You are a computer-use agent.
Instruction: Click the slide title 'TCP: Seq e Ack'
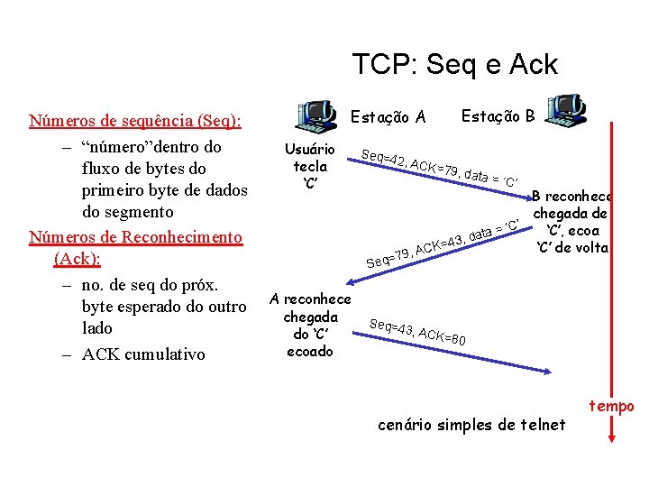pyautogui.click(x=454, y=64)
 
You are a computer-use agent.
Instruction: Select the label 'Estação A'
pyautogui.click(x=388, y=116)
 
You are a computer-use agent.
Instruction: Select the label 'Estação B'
pyautogui.click(x=498, y=115)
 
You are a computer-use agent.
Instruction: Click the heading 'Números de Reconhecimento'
pyautogui.click(x=136, y=237)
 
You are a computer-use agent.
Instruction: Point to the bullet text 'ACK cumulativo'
pyautogui.click(x=143, y=354)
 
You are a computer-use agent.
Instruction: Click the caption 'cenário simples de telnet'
pyautogui.click(x=471, y=424)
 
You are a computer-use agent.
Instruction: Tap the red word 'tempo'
pyautogui.click(x=612, y=407)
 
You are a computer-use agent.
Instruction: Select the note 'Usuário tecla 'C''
pyautogui.click(x=310, y=166)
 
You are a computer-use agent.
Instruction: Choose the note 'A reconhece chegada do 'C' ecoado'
pyautogui.click(x=311, y=325)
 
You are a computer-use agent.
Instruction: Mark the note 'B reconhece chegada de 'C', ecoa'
pyautogui.click(x=572, y=221)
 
